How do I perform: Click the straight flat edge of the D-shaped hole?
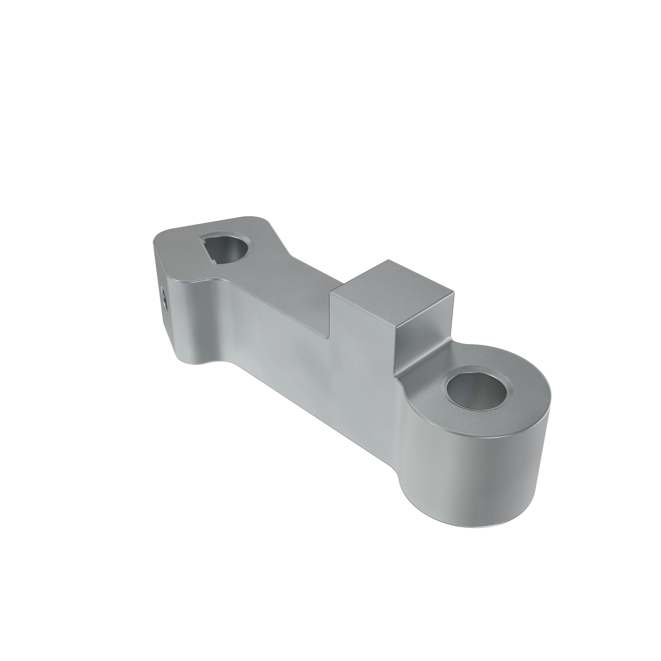pos(207,253)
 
